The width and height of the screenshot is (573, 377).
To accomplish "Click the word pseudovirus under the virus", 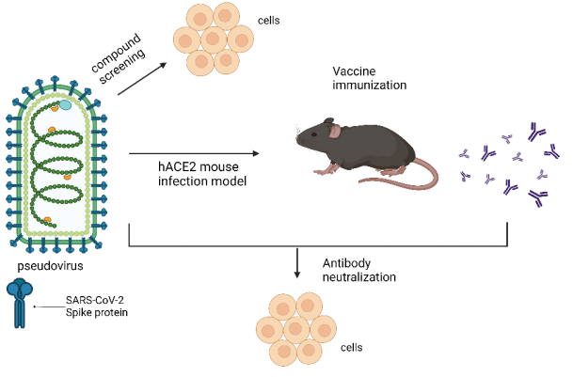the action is [50, 265].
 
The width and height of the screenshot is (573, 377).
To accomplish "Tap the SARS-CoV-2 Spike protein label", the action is [97, 306].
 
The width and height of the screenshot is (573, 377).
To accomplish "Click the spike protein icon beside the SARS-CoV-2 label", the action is [20, 303].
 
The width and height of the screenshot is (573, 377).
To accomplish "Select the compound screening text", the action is [118, 58].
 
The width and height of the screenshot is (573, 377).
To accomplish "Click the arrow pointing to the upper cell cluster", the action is [142, 79].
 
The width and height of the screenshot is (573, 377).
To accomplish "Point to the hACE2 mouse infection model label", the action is [202, 174].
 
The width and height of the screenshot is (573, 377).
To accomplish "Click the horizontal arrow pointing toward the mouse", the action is [194, 154].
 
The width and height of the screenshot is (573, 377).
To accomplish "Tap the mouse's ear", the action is [335, 131].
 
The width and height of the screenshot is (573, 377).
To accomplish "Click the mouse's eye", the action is [314, 134].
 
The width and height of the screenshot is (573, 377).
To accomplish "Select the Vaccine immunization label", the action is [369, 78].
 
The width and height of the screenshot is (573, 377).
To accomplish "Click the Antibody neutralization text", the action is [358, 270].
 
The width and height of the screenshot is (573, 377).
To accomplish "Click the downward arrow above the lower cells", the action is [297, 263].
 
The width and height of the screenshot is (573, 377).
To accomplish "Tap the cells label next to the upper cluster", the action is [268, 21].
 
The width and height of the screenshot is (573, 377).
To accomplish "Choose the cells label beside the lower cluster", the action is [352, 347].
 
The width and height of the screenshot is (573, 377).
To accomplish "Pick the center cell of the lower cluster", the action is [296, 328].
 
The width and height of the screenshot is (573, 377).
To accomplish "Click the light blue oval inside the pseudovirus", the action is [66, 105].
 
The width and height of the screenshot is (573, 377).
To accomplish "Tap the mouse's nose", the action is [297, 139].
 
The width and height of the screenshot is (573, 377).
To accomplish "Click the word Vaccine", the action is [354, 71].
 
